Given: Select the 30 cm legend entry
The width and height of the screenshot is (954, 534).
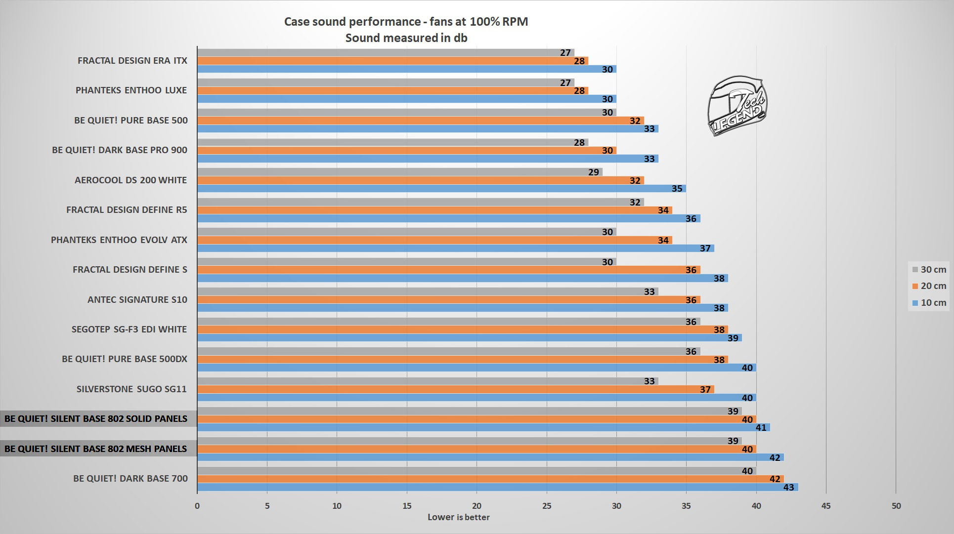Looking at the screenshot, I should pyautogui.click(x=929, y=269).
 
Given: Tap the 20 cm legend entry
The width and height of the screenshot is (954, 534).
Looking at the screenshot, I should pyautogui.click(x=929, y=286).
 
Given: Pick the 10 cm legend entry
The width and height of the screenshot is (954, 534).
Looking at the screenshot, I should pyautogui.click(x=929, y=303).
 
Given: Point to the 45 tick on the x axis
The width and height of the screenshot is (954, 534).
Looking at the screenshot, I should pyautogui.click(x=826, y=505).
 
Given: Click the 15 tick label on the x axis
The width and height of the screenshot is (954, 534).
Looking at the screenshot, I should pyautogui.click(x=407, y=505).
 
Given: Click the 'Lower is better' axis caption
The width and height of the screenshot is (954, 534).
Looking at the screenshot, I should pyautogui.click(x=458, y=517).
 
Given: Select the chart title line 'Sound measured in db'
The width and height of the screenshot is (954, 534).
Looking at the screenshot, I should pyautogui.click(x=406, y=38).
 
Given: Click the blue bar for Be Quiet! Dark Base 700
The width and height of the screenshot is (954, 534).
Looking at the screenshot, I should pyautogui.click(x=494, y=487).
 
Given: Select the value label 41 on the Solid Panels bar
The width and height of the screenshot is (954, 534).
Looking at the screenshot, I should pyautogui.click(x=761, y=428).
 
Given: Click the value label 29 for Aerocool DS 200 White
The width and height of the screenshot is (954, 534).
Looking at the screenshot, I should pyautogui.click(x=593, y=172).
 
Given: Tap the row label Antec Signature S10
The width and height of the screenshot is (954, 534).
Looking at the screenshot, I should pyautogui.click(x=137, y=299).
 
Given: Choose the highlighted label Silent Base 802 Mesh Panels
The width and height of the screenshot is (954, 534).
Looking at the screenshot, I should pyautogui.click(x=95, y=449).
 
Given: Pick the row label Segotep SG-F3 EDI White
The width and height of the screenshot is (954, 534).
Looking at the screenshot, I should pyautogui.click(x=129, y=329).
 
